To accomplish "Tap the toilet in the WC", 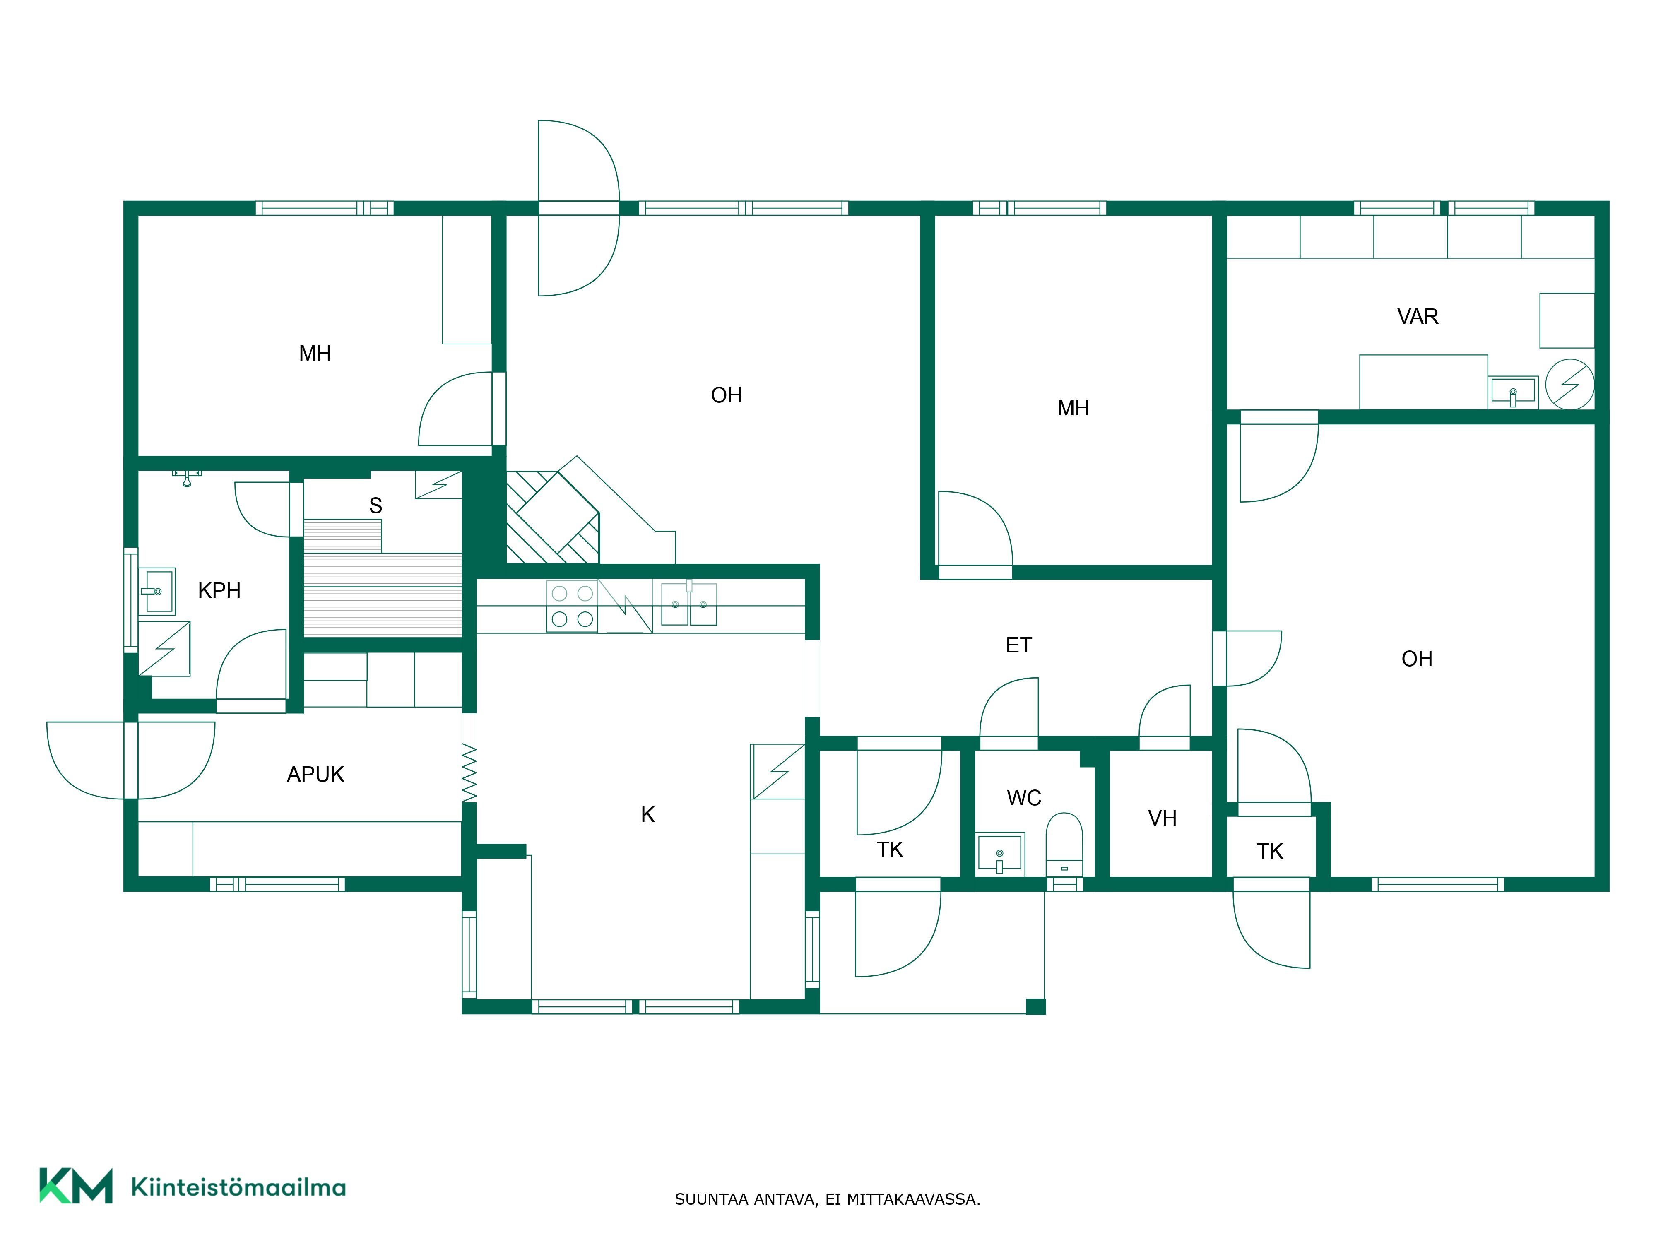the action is (x=1064, y=844).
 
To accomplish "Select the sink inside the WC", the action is (x=1000, y=853).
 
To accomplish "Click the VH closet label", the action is (x=1162, y=818).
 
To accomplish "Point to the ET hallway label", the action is (x=1018, y=645).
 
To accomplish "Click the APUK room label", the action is (x=315, y=774).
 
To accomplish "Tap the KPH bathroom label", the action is (x=219, y=591).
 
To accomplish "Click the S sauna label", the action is (x=376, y=506).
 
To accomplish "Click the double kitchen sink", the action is (x=689, y=604).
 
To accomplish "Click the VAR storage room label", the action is (x=1417, y=317).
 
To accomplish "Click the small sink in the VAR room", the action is (x=1513, y=392).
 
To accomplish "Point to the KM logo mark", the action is (x=76, y=1185).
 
